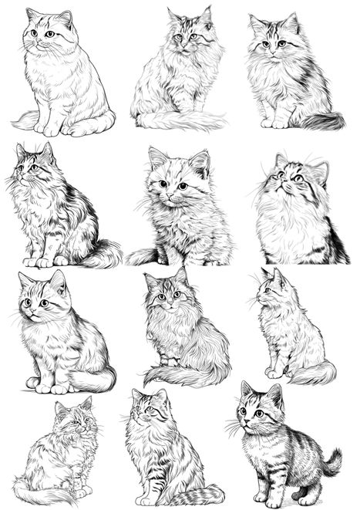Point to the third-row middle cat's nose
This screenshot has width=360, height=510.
point(168,302)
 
